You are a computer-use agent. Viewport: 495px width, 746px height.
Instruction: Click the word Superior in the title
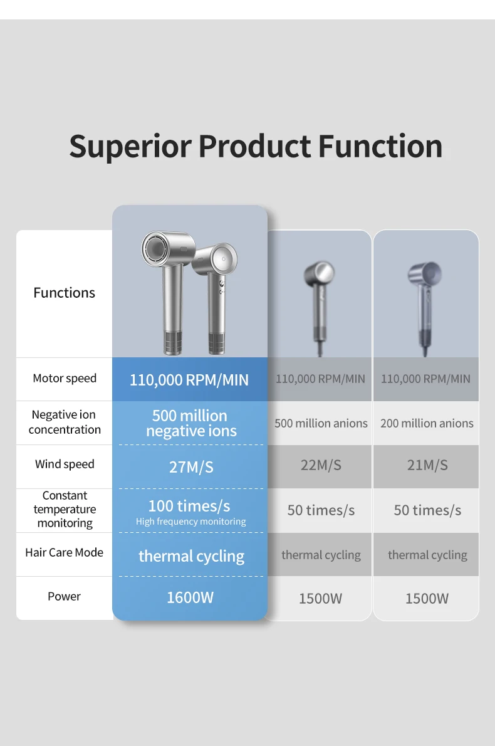click(130, 147)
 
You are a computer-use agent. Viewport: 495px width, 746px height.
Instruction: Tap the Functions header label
click(64, 293)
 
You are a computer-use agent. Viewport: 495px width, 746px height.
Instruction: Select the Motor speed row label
click(65, 378)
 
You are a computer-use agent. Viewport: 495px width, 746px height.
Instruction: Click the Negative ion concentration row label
click(65, 422)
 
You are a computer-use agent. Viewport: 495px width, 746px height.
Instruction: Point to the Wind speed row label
click(65, 465)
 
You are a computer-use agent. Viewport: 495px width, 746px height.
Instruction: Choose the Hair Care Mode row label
click(64, 552)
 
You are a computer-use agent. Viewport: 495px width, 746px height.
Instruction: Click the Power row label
click(64, 596)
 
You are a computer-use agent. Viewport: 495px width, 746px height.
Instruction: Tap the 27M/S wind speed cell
click(191, 467)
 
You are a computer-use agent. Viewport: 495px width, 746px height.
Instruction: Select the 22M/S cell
click(321, 465)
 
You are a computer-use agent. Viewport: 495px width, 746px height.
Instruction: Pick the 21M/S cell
click(427, 465)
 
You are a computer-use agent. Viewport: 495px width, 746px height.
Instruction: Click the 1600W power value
click(190, 597)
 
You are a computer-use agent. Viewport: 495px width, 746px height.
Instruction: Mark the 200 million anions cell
click(427, 423)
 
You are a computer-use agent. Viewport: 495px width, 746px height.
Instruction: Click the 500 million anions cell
click(321, 423)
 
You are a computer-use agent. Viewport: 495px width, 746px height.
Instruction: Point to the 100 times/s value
click(189, 506)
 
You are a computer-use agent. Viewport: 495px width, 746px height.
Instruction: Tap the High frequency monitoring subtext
click(190, 522)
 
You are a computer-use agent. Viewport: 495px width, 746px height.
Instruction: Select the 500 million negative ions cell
click(191, 423)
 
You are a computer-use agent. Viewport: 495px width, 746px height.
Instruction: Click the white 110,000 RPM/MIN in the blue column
click(189, 380)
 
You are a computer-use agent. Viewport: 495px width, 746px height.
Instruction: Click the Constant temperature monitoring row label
click(65, 509)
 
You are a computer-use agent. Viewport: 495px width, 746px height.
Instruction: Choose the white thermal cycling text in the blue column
click(192, 556)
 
